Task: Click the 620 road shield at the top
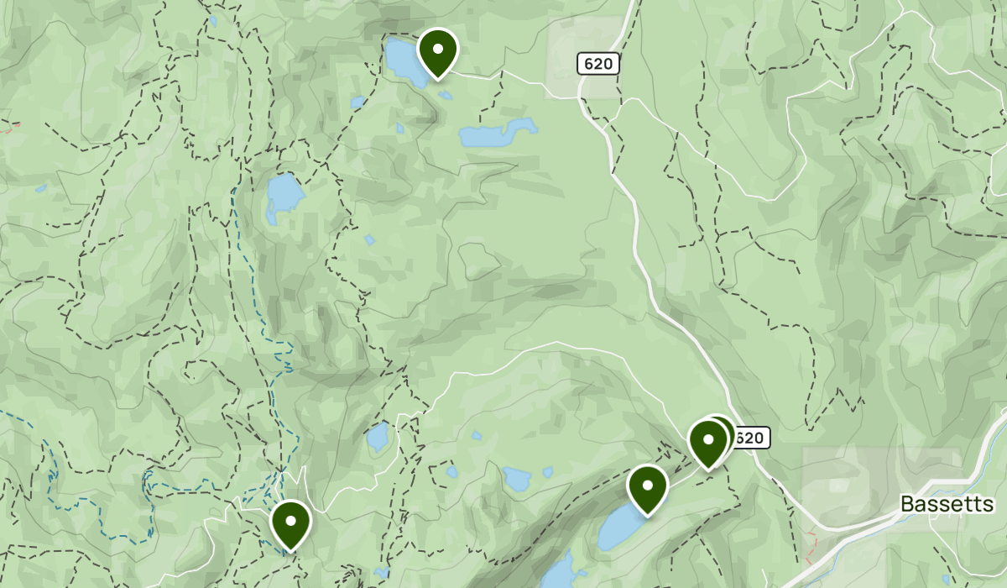598,63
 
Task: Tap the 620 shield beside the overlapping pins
749,438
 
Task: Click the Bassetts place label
947,504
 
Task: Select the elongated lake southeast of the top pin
495,134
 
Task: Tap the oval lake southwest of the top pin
284,197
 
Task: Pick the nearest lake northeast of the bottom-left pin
378,437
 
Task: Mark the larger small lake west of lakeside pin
517,480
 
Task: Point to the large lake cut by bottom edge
559,575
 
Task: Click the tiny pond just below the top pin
444,94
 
